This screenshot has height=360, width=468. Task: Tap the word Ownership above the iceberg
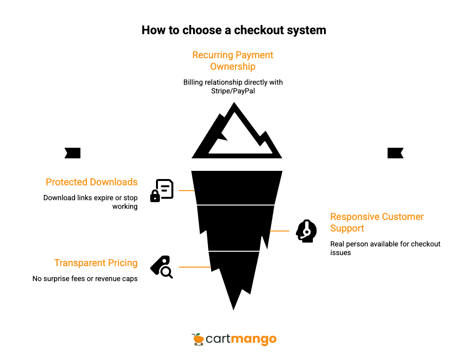(x=233, y=66)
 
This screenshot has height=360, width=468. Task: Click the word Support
(x=347, y=228)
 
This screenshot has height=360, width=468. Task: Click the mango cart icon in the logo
(x=198, y=339)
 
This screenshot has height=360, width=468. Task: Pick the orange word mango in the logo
(x=253, y=339)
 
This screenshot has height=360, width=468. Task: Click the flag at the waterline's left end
(x=72, y=153)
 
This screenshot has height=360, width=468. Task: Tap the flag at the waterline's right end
(x=395, y=153)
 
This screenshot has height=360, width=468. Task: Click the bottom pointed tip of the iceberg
(x=234, y=309)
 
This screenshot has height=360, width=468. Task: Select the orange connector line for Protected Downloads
(x=186, y=191)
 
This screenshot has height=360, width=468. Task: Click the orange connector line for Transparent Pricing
(x=194, y=267)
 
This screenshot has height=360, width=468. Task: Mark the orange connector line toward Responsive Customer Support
(x=280, y=231)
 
